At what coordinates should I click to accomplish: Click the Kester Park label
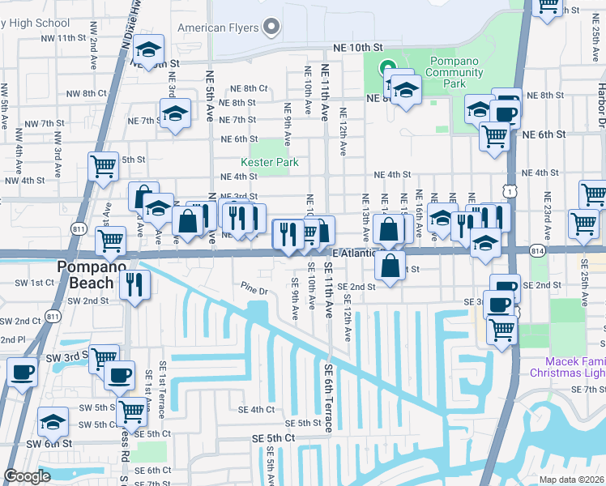point(275,162)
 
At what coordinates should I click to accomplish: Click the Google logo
point(27,476)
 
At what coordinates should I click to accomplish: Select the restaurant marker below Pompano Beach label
point(134,284)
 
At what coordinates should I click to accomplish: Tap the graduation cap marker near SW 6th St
point(53,421)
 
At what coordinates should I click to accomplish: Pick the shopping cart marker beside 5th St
point(103,165)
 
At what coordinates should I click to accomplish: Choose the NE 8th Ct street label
point(249,88)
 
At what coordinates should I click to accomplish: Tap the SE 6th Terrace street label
point(329,397)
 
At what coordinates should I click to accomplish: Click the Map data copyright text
point(571,480)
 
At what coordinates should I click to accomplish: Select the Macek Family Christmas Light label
point(567,367)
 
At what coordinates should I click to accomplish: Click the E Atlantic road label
point(352,253)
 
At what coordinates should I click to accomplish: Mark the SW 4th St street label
point(22,181)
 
